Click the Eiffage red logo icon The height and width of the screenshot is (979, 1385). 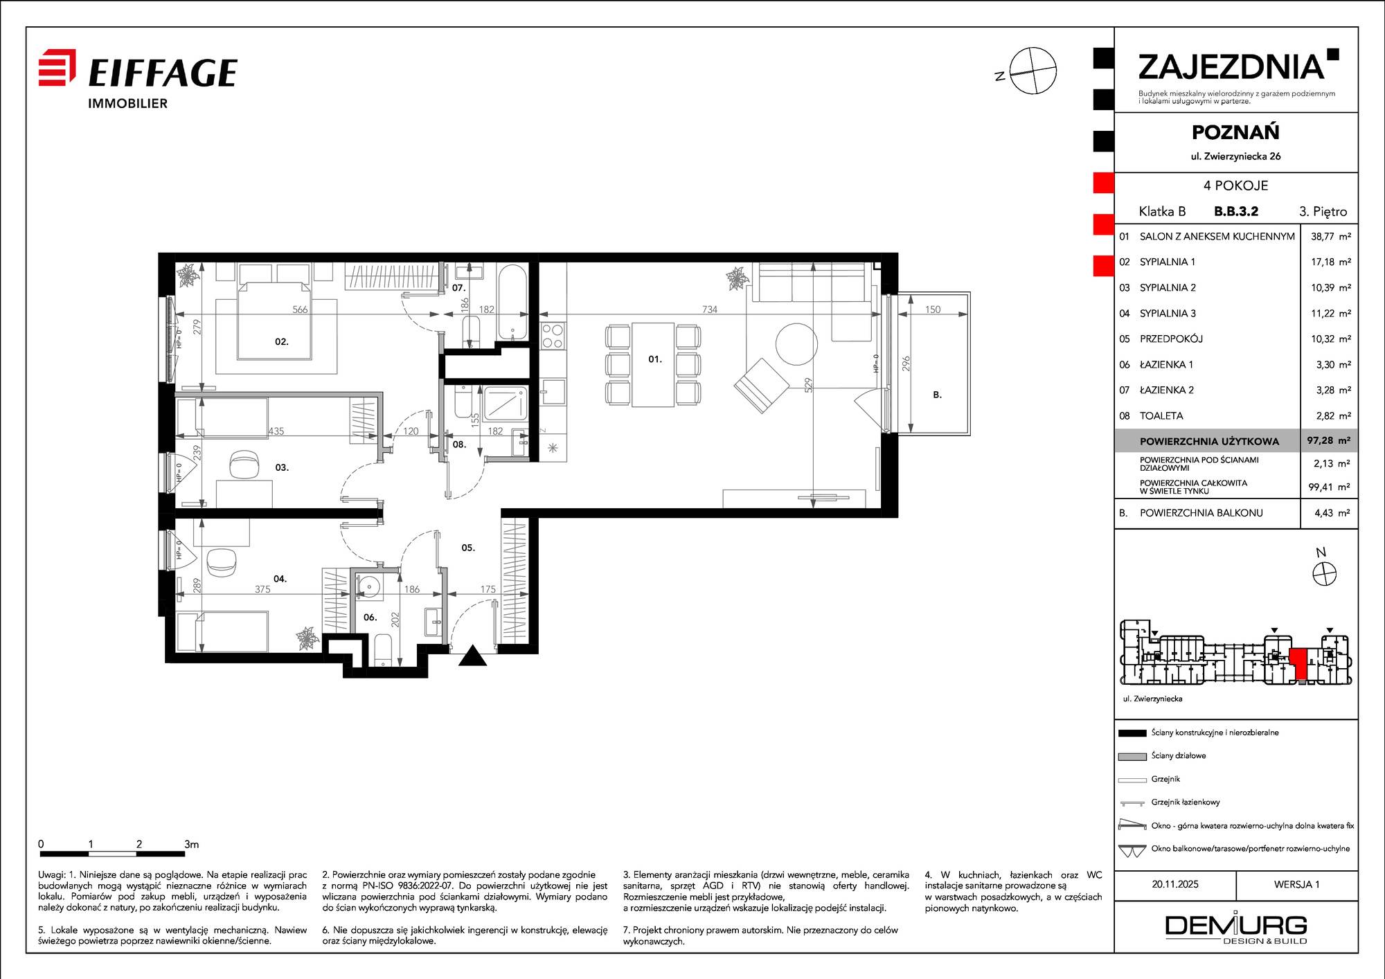(x=57, y=67)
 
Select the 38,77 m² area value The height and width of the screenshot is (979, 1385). (x=1330, y=236)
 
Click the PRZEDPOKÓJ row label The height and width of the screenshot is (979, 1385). (x=1171, y=339)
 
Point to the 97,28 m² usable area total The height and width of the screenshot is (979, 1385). (x=1328, y=440)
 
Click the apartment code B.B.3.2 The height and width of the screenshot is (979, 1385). (x=1236, y=211)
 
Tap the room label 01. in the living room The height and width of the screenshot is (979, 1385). (x=655, y=359)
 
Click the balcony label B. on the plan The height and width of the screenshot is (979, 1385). (x=937, y=395)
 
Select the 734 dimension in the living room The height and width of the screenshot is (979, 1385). (x=710, y=309)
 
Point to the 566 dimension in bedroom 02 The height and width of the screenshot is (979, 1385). (x=300, y=309)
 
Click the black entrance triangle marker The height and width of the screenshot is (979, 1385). (x=473, y=656)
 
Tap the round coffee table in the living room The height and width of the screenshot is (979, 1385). (x=796, y=344)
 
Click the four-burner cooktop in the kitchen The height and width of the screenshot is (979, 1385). (x=553, y=336)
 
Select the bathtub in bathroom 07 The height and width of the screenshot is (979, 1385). (x=512, y=303)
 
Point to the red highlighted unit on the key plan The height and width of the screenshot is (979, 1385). (x=1298, y=663)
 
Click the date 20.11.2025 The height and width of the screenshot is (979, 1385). (x=1175, y=884)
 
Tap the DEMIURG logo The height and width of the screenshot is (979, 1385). (x=1236, y=928)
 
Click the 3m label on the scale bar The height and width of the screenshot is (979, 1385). (x=192, y=844)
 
